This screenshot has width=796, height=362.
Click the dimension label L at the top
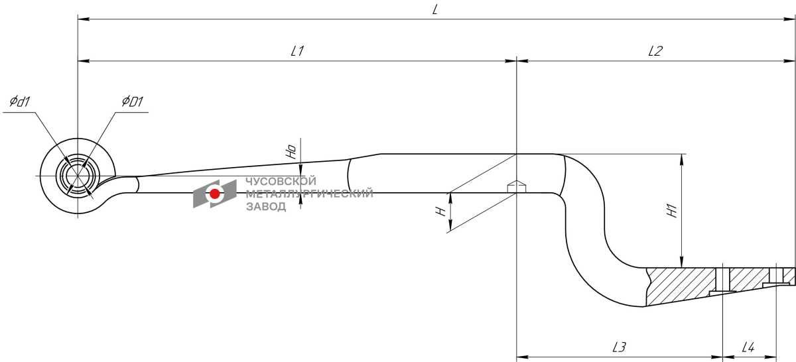click(435, 9)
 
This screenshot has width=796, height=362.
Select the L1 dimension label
click(297, 51)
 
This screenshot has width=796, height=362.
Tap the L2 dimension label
click(655, 51)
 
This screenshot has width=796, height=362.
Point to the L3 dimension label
click(619, 347)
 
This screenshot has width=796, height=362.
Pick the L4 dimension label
click(748, 347)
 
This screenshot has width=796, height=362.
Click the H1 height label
click(673, 210)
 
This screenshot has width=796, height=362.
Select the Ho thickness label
click(291, 151)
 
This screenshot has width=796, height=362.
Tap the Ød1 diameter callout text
click(20, 102)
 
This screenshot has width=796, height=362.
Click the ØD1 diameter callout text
click(133, 101)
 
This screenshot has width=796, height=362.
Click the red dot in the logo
click(215, 194)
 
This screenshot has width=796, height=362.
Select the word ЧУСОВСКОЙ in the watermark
click(281, 181)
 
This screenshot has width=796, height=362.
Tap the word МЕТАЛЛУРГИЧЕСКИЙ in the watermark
click(310, 194)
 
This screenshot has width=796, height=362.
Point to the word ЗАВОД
click(266, 206)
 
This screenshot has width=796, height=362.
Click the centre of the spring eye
click(78, 176)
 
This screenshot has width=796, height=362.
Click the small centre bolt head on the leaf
click(517, 187)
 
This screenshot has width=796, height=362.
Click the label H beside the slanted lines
click(441, 211)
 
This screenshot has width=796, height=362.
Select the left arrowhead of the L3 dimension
click(521, 357)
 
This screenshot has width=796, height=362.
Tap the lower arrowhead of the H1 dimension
click(682, 262)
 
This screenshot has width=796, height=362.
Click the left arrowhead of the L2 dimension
click(522, 61)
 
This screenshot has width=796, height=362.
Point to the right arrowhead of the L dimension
click(789, 19)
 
